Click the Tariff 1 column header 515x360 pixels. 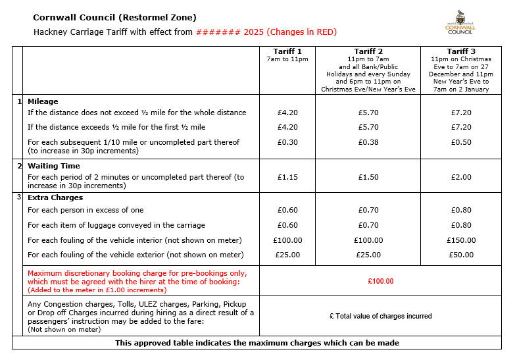coord(288,51)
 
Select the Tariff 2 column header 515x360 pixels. coord(368,51)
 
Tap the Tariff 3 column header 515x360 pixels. coord(460,51)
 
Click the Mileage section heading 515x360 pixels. coord(43,101)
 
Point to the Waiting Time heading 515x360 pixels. coord(53,166)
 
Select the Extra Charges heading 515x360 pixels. coord(55,197)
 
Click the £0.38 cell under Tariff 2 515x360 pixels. coord(368,142)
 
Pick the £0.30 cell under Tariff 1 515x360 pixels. coord(288,142)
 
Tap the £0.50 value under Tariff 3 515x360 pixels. coord(461,142)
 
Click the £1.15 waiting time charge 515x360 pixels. coord(288,177)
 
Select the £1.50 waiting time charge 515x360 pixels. coord(368,177)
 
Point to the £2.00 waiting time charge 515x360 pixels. coord(461,177)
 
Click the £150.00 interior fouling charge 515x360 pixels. coord(461,240)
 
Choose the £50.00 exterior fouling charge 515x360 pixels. coord(461,255)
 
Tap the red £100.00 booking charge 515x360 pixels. coord(381,281)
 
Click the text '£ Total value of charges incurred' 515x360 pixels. coord(381,317)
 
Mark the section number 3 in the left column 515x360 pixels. coord(19,197)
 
